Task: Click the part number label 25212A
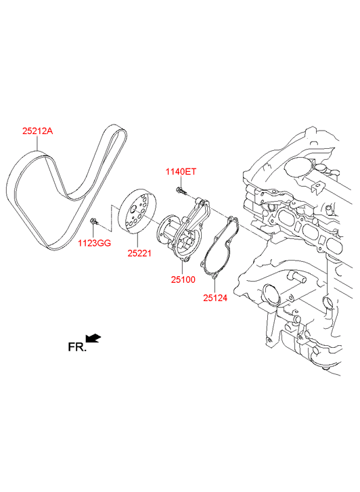pyautogui.click(x=37, y=131)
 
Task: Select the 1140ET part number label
pyautogui.click(x=181, y=172)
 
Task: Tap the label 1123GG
pyautogui.click(x=95, y=243)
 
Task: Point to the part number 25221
pyautogui.click(x=139, y=253)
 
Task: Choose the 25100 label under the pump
pyautogui.click(x=183, y=279)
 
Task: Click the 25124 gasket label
pyautogui.click(x=215, y=298)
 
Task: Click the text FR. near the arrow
pyautogui.click(x=77, y=346)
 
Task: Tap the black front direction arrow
pyautogui.click(x=93, y=338)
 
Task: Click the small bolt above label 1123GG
pyautogui.click(x=93, y=221)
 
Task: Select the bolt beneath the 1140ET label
pyautogui.click(x=181, y=190)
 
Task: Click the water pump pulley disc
pyautogui.click(x=137, y=211)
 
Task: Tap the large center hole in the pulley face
pyautogui.click(x=133, y=208)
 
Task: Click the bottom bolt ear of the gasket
pyautogui.click(x=215, y=276)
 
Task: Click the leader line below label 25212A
pyautogui.click(x=37, y=143)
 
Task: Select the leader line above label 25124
pyautogui.click(x=215, y=286)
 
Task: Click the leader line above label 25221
pyautogui.click(x=137, y=242)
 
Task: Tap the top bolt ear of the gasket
pyautogui.click(x=232, y=219)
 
